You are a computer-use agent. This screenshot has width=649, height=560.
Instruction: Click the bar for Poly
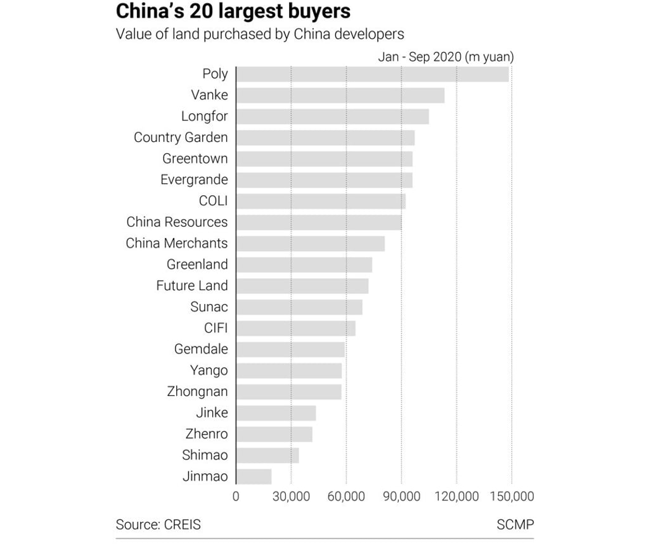coord(373,74)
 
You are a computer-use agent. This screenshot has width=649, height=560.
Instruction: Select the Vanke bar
coord(340,96)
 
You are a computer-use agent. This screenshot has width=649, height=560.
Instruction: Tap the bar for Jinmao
coord(254,476)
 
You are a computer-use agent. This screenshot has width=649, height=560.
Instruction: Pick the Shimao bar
coord(267,455)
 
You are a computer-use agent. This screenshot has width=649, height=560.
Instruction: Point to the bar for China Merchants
coord(311,243)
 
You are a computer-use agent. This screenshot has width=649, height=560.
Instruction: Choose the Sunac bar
coord(299,307)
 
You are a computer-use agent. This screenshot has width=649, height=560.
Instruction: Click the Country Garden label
coord(181,137)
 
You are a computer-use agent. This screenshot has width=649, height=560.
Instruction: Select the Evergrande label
coord(194,180)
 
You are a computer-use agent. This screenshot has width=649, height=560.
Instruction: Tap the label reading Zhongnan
coord(197,391)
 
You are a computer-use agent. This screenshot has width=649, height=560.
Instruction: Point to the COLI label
coord(213,201)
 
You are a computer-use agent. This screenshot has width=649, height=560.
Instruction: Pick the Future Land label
coord(191,286)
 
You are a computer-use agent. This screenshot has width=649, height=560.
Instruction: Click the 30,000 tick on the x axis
coord(291,497)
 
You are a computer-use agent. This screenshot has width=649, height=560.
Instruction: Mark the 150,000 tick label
coord(511,497)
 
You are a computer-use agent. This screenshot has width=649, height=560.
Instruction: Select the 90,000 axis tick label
coord(401,497)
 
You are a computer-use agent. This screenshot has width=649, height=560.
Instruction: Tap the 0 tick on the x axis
coord(236,497)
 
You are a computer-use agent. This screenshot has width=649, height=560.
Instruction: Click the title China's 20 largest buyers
coord(233,11)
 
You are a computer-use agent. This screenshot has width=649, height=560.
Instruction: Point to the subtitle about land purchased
coord(260,34)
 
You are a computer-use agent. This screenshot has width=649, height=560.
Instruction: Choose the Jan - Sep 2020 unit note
coord(446,57)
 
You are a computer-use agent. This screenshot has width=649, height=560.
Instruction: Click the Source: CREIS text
coord(158,525)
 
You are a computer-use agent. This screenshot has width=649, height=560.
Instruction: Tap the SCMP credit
coord(515,525)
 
